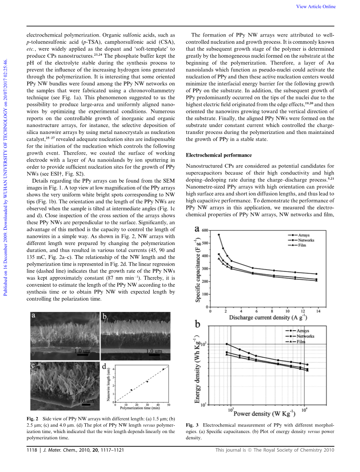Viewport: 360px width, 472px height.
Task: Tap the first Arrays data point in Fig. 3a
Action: pyautogui.click(x=219, y=235)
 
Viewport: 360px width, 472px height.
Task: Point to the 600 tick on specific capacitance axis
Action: pyautogui.click(x=205, y=231)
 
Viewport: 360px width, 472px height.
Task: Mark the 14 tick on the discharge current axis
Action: pyautogui.click(x=318, y=311)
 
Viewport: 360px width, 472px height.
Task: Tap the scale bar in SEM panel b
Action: pyautogui.click(x=154, y=355)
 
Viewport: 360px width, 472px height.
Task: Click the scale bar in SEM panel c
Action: pyautogui.click(x=86, y=405)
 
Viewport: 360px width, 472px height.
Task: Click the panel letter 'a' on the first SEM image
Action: pyautogui.click(x=34, y=316)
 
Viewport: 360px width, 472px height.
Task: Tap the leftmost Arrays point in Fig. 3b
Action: pyautogui.click(x=227, y=344)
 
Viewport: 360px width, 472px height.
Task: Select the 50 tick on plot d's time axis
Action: pyautogui.click(x=169, y=405)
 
